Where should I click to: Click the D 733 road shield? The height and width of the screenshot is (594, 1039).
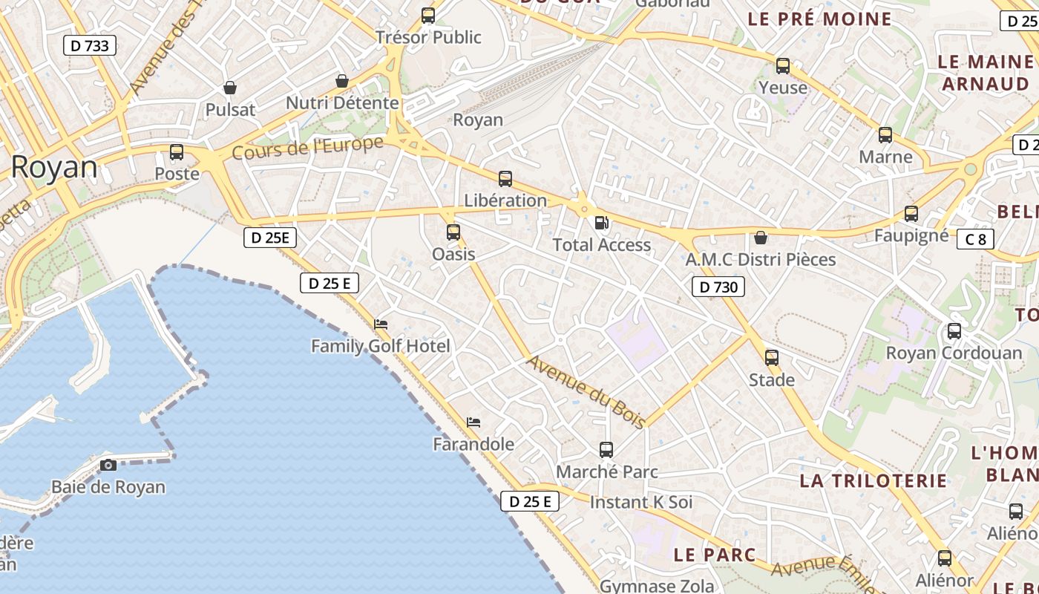tap(89, 45)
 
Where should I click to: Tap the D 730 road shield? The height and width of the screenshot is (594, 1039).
tap(718, 287)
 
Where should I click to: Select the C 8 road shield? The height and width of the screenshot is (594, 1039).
tap(975, 239)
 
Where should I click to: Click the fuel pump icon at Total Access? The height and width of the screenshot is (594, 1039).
tap(602, 223)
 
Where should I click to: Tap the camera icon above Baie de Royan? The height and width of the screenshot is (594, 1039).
tap(108, 466)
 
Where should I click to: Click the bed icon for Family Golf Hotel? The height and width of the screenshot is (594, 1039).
tap(381, 324)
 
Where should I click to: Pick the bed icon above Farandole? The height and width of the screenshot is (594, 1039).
tap(473, 422)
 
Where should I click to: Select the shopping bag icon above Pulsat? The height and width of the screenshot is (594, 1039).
tap(230, 88)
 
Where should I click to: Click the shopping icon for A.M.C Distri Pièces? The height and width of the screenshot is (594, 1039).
tap(761, 238)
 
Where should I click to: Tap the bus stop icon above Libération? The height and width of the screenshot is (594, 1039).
tap(505, 178)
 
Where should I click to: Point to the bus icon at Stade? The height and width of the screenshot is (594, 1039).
tap(772, 358)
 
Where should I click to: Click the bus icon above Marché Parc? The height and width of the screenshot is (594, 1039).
tap(606, 449)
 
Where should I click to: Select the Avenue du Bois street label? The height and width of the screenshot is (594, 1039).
tap(586, 392)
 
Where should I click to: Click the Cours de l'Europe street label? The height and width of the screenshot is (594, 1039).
tap(307, 147)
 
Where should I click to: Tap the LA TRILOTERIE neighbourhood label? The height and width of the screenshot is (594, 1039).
tap(874, 480)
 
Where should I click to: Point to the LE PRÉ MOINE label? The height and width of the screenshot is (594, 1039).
tap(819, 19)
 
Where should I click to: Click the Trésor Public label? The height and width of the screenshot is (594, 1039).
tap(428, 37)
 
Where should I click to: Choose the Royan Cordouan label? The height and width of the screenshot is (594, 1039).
tap(954, 353)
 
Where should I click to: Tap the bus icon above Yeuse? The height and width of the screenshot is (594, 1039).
tap(783, 66)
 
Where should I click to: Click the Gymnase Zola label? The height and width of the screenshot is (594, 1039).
tap(657, 586)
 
